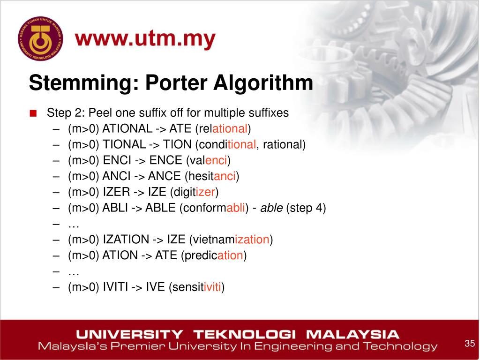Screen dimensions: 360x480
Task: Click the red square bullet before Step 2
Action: pyautogui.click(x=32, y=113)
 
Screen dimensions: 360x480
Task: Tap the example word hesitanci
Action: pyautogui.click(x=212, y=176)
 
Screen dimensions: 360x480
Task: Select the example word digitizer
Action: pyautogui.click(x=195, y=192)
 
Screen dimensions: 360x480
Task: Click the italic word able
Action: pyautogui.click(x=271, y=208)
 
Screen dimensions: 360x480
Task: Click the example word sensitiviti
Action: pyautogui.click(x=197, y=287)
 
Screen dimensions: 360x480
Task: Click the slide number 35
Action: pyautogui.click(x=470, y=343)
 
